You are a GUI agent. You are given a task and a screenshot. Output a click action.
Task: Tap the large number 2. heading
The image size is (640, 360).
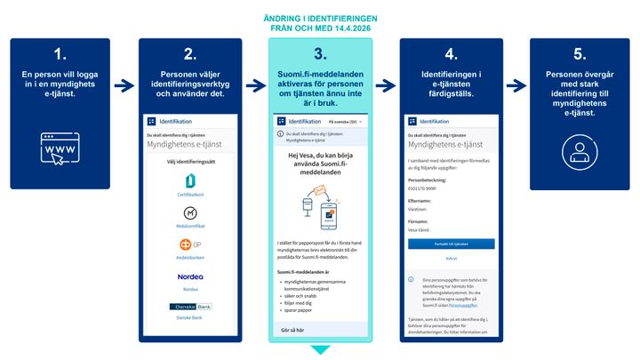(x=189, y=54)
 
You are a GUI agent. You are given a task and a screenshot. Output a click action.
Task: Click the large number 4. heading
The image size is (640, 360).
(x=450, y=54)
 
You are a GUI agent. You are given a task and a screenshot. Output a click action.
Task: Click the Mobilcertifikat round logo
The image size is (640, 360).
(x=189, y=213)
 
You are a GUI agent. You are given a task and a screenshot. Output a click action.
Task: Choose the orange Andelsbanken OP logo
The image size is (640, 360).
(x=189, y=244)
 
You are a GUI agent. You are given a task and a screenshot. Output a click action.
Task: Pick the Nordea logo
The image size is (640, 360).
(x=189, y=276)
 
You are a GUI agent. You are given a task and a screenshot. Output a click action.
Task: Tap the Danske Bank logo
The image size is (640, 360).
(x=189, y=307)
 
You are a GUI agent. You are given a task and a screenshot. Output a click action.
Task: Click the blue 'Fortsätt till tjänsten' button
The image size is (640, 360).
(x=452, y=243)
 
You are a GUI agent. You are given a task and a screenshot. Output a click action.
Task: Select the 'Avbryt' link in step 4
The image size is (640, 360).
(x=452, y=259)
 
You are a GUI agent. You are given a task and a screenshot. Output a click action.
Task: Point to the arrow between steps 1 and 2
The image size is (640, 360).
(x=124, y=84)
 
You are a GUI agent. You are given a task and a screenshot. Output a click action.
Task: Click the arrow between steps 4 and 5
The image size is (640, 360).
(x=515, y=84)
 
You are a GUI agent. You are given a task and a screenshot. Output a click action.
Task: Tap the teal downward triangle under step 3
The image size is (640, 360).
(x=319, y=350)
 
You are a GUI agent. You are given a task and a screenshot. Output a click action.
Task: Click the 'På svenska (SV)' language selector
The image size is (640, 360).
(x=346, y=120)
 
